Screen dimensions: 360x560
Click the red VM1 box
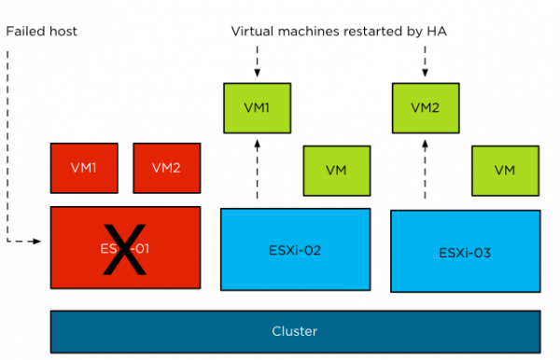click(x=83, y=167)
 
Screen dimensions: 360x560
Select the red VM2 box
click(x=165, y=167)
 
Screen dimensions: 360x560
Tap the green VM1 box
click(x=257, y=107)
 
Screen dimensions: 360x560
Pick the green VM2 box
click(x=425, y=107)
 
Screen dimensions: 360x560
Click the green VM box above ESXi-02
click(x=336, y=170)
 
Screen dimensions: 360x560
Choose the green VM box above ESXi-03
click(x=504, y=170)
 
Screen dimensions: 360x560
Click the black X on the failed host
click(x=124, y=249)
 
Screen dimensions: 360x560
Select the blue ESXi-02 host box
click(x=294, y=249)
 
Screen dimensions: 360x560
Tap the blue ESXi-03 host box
click(x=464, y=251)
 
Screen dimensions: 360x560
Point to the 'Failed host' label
click(x=41, y=32)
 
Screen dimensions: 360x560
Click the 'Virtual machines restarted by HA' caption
click(x=340, y=32)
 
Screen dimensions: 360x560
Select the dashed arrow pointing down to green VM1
click(x=257, y=62)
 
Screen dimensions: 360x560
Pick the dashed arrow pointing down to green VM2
click(x=425, y=62)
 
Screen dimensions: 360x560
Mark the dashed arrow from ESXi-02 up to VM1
click(x=257, y=168)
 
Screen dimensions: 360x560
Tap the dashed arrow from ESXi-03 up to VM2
click(x=425, y=168)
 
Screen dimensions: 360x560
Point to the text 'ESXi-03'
click(x=464, y=253)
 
